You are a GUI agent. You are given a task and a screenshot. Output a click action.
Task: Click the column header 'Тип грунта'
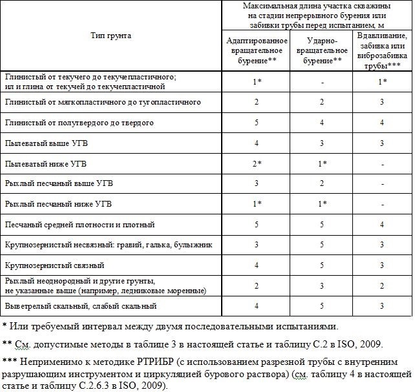pyautogui.click(x=111, y=36)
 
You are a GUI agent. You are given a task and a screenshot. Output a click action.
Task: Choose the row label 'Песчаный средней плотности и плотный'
pyautogui.click(x=80, y=225)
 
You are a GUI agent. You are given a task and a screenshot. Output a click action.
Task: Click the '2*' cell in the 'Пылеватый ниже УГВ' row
pyautogui.click(x=257, y=163)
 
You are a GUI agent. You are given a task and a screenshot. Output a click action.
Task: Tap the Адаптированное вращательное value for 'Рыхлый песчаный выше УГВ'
pyautogui.click(x=257, y=183)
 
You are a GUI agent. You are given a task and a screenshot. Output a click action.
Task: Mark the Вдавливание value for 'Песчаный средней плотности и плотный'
pyautogui.click(x=383, y=225)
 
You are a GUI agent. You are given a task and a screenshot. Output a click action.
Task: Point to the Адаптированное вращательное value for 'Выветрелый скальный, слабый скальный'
pyautogui.click(x=257, y=306)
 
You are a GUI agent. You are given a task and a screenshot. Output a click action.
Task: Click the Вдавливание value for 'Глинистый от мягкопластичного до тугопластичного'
pyautogui.click(x=383, y=102)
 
